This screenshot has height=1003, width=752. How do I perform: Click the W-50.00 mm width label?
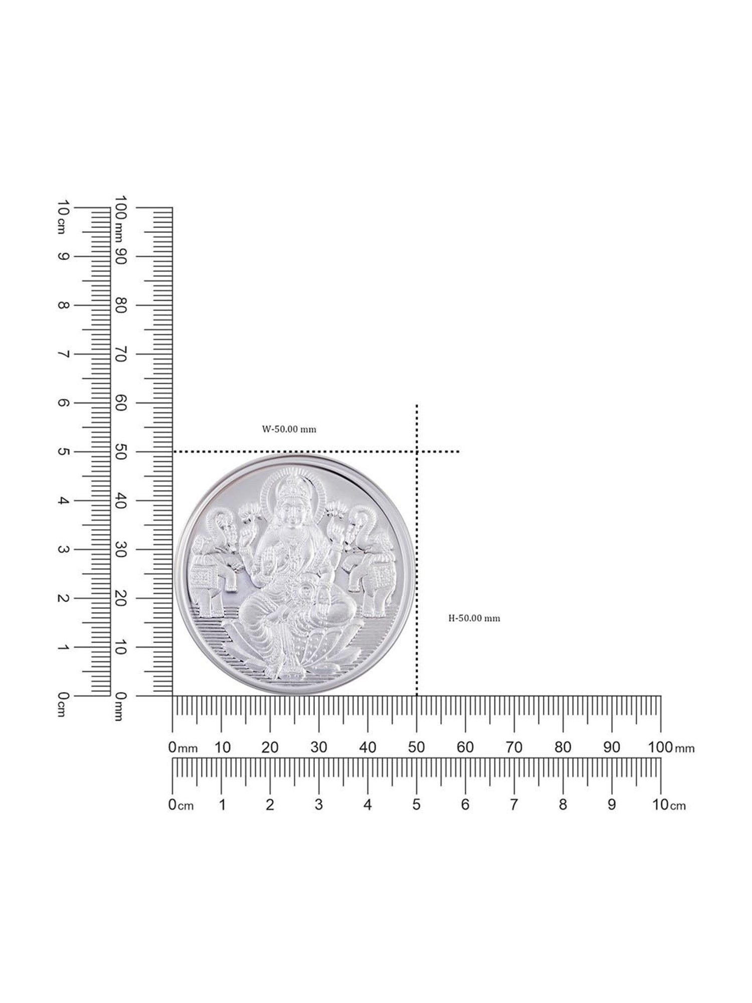click(x=289, y=429)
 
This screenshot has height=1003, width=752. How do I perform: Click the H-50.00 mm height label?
click(x=474, y=618)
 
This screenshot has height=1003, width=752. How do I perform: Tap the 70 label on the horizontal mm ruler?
click(x=514, y=747)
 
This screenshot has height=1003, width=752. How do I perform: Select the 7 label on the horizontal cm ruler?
click(x=514, y=804)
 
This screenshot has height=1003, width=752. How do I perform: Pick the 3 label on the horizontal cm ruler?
click(x=318, y=804)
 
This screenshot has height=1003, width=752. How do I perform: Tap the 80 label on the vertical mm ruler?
click(x=120, y=305)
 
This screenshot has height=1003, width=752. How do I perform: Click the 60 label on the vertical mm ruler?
click(x=120, y=403)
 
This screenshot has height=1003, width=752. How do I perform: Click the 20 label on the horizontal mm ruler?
click(x=270, y=747)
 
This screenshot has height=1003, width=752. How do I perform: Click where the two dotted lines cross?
click(x=417, y=452)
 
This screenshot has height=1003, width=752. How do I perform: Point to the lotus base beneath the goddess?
click(x=291, y=652)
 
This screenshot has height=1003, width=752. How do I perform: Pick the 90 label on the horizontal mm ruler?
click(x=612, y=747)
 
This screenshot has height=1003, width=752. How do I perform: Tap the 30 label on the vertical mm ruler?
click(x=120, y=549)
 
